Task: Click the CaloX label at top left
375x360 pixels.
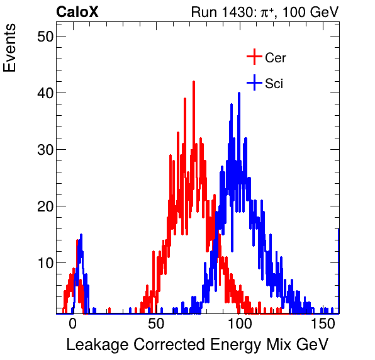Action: pyautogui.click(x=77, y=12)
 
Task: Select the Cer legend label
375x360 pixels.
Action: pyautogui.click(x=276, y=58)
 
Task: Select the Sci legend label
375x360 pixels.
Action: pyautogui.click(x=274, y=83)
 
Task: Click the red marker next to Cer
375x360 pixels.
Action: pyautogui.click(x=254, y=57)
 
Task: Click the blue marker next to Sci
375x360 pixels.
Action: pyautogui.click(x=254, y=82)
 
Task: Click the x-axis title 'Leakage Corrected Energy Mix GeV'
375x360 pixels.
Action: pyautogui.click(x=198, y=345)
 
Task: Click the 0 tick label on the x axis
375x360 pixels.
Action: pyautogui.click(x=72, y=324)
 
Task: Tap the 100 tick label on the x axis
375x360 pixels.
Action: pyautogui.click(x=239, y=324)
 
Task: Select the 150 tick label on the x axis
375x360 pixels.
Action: pyautogui.click(x=322, y=324)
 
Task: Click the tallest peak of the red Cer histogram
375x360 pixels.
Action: pyautogui.click(x=194, y=82)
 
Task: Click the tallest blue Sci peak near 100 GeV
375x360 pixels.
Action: pyautogui.click(x=238, y=94)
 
